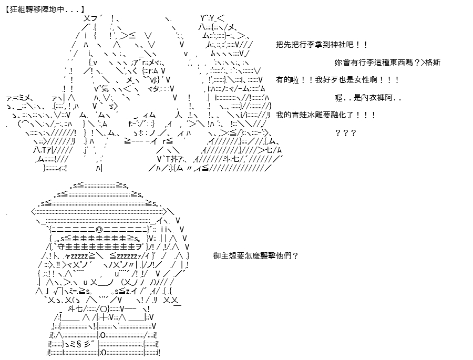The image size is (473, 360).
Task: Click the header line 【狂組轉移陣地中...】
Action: (x=45, y=9)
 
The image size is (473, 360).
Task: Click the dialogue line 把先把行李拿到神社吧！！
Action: (x=322, y=45)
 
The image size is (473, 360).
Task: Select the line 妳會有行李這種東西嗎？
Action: (x=377, y=63)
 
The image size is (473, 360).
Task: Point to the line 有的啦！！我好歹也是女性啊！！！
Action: (x=337, y=80)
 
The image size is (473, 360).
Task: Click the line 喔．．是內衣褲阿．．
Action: (x=368, y=98)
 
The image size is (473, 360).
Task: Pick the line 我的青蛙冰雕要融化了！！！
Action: (x=325, y=115)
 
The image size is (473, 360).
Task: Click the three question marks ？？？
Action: (x=346, y=133)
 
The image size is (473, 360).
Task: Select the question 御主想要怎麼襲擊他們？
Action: (x=256, y=256)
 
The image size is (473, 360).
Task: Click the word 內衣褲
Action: (x=374, y=98)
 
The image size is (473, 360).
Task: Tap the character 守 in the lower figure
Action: (x=60, y=247)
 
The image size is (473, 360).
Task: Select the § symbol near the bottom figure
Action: (x=79, y=344)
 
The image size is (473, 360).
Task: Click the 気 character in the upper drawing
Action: (x=105, y=89)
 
